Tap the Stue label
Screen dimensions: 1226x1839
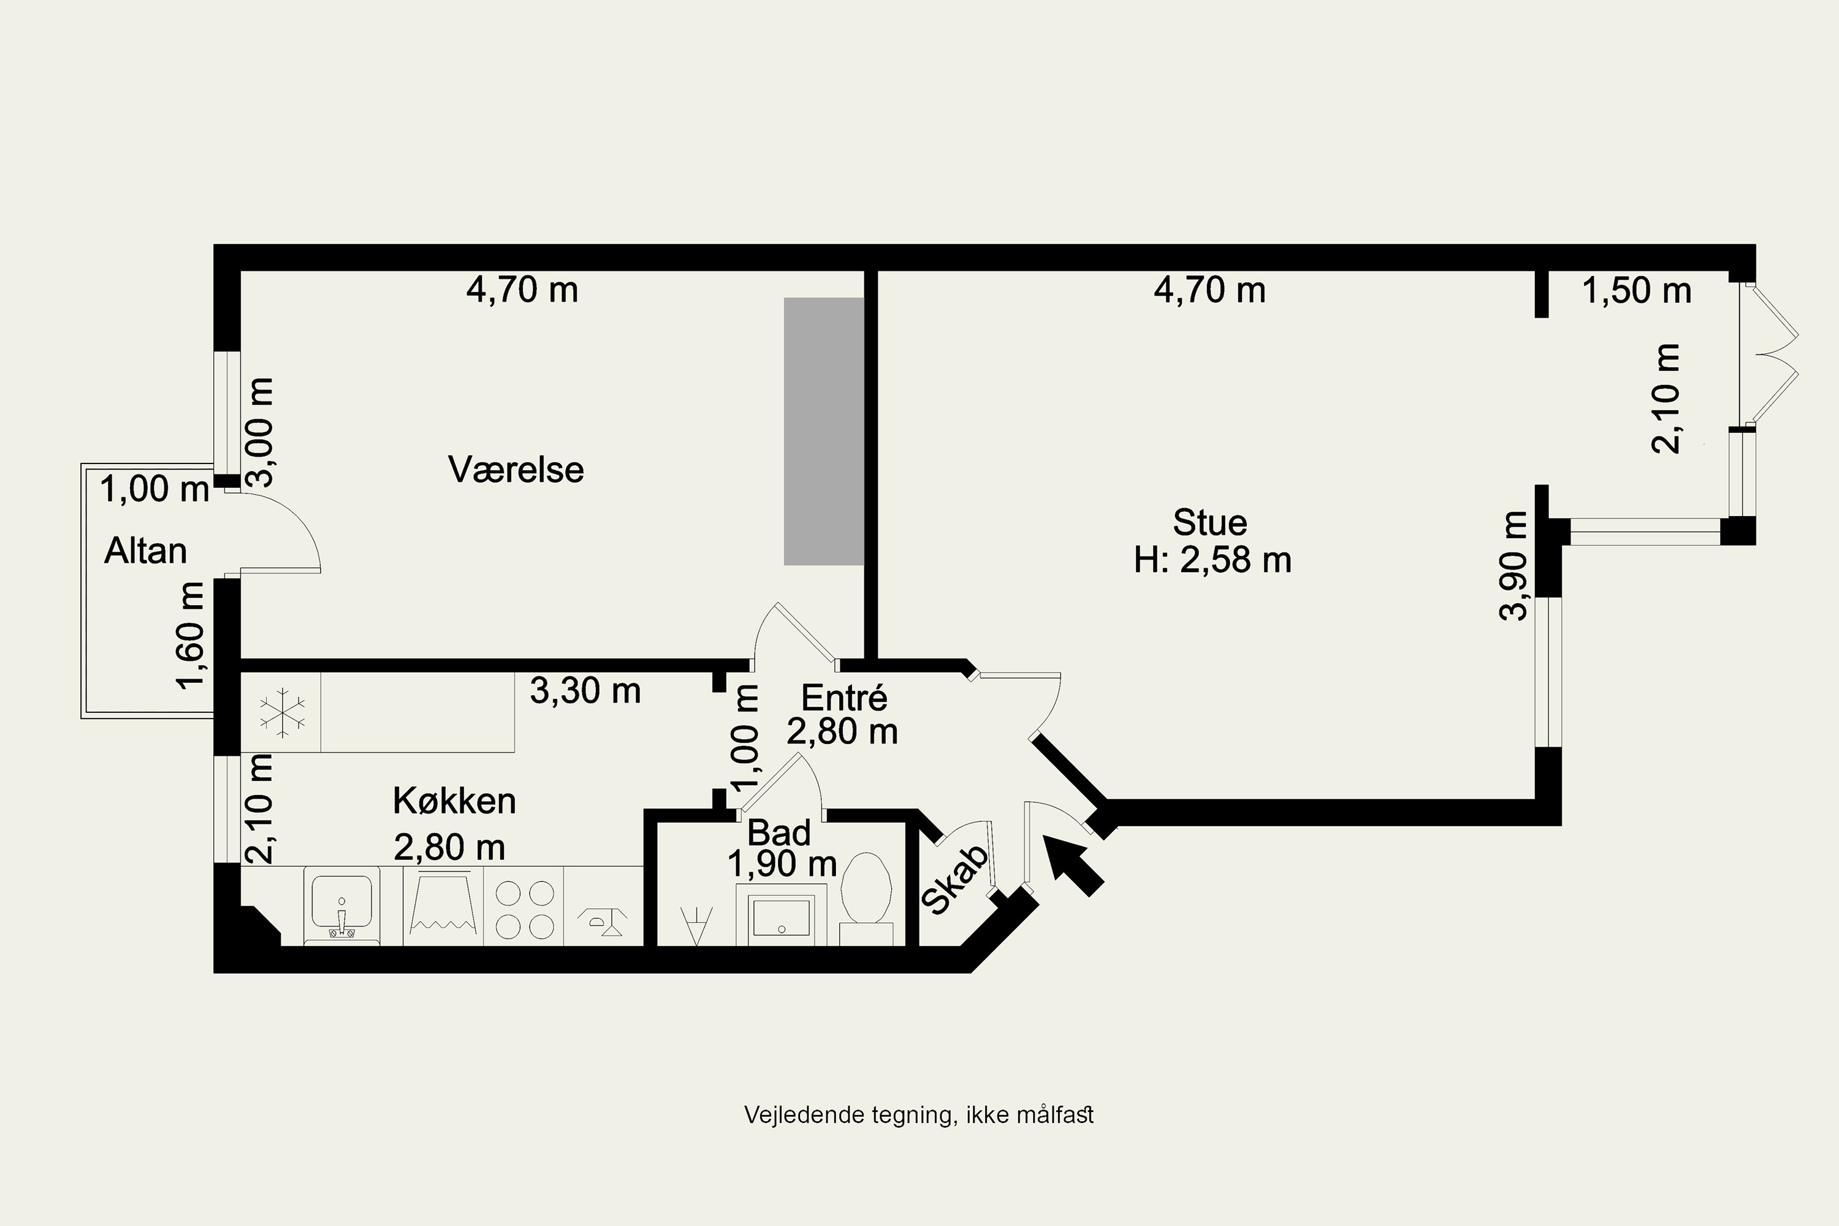1209,522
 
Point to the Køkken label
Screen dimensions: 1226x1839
454,801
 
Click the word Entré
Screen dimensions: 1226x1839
845,698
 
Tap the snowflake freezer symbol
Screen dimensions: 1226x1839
282,712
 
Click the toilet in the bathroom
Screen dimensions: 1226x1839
866,888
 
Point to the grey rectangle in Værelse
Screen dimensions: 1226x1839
823,431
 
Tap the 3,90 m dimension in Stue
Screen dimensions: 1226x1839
1513,565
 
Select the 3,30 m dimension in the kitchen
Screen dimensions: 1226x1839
585,690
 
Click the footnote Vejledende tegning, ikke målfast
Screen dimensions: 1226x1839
919,1115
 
